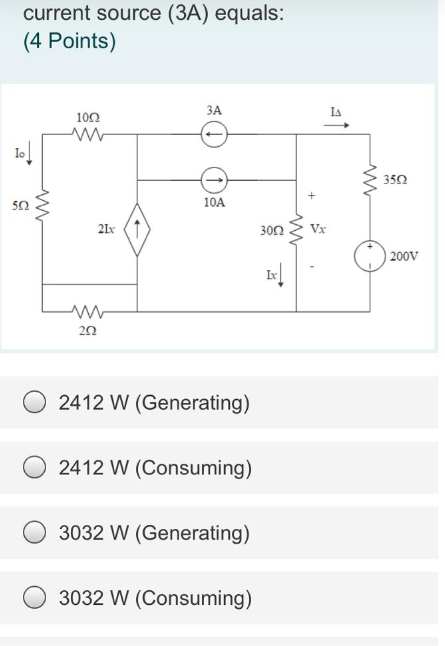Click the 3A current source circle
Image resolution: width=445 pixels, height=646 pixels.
point(213,132)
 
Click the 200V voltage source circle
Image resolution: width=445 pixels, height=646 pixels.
point(370,254)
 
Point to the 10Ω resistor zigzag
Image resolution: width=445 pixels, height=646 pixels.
point(88,133)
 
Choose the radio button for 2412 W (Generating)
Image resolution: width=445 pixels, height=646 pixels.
point(36,403)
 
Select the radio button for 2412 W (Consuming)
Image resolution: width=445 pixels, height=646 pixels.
point(36,468)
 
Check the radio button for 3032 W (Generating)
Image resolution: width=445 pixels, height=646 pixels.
point(36,533)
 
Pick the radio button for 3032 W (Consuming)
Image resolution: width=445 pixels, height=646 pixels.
point(36,598)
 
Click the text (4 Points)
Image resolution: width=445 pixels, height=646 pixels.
point(69,43)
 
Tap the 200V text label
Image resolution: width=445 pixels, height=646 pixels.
point(404,257)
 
